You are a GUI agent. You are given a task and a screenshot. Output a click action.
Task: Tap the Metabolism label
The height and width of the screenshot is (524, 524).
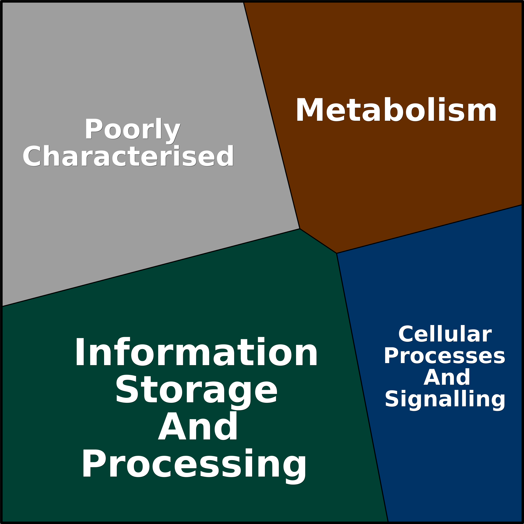point(396,109)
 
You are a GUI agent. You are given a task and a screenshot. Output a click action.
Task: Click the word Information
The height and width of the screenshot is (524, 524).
point(196,351)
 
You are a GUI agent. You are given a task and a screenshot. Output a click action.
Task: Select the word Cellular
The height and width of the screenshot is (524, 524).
point(445,334)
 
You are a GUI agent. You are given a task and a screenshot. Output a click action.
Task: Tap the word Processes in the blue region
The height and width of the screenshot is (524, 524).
point(445,356)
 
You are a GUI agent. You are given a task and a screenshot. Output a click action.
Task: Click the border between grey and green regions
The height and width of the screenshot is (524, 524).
point(151,267)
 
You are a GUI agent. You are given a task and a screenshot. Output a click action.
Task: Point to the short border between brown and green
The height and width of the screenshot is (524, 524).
point(318,241)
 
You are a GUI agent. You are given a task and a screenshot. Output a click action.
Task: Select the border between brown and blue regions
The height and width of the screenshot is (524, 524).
point(430,229)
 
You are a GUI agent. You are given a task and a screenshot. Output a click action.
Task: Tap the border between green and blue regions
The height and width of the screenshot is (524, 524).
point(362,388)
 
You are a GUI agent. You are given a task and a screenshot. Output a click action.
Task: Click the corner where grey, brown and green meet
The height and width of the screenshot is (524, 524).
point(300,229)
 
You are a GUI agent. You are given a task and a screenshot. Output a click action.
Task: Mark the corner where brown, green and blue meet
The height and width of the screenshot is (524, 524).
point(337,253)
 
